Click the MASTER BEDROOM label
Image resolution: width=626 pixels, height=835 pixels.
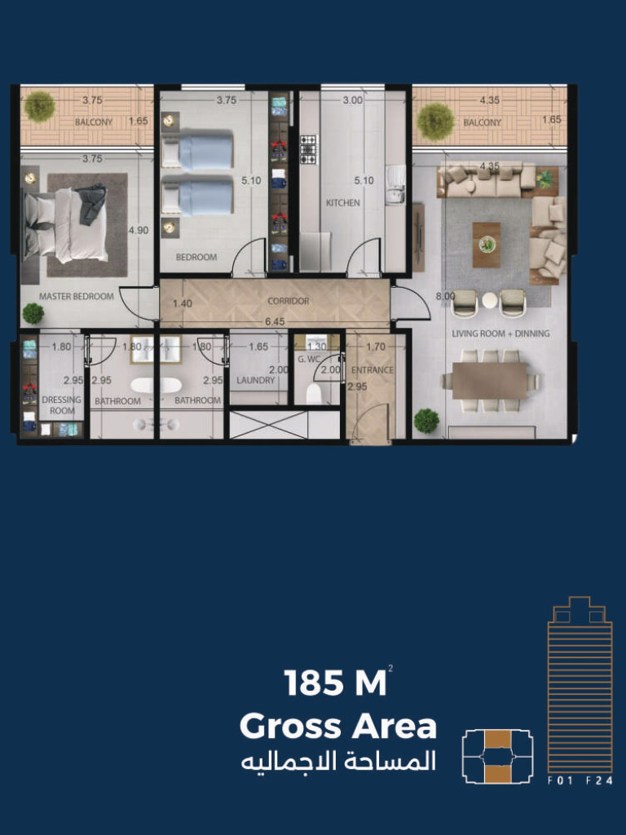76,297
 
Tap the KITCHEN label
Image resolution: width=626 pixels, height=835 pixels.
343,203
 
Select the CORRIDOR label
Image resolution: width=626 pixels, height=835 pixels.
288,301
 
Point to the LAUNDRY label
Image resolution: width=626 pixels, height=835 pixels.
255,380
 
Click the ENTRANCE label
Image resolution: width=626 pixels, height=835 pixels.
373,370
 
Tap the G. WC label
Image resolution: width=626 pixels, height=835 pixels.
309,360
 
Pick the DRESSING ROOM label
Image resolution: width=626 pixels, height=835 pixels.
62,405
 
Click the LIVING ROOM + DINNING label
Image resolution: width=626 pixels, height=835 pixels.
500,334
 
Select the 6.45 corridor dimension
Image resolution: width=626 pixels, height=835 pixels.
275,321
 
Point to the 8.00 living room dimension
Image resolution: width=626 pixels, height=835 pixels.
446,297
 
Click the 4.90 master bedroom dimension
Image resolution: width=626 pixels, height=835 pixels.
139,231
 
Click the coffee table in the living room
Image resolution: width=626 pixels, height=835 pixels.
487,245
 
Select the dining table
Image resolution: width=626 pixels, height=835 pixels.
490,380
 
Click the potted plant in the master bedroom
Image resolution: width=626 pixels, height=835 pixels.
33,314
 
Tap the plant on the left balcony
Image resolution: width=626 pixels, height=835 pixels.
39,107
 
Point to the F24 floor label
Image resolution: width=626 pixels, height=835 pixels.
599,781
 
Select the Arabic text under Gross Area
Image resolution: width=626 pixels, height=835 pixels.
338,762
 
